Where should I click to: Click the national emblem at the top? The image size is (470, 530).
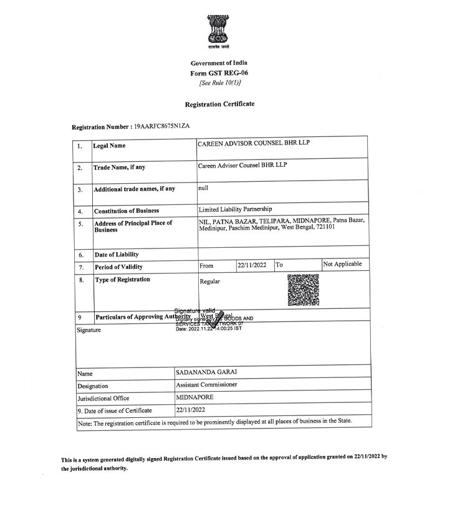click(x=219, y=32)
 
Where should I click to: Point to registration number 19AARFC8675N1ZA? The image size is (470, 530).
click(x=161, y=126)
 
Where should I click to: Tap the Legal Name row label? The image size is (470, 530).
click(x=109, y=146)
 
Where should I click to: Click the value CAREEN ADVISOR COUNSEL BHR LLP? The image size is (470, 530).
click(x=254, y=143)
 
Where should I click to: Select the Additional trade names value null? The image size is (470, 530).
click(x=203, y=187)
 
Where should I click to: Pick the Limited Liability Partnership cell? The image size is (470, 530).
click(x=235, y=209)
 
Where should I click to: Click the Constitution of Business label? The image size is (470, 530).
click(x=126, y=211)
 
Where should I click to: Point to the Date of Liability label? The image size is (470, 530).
click(x=116, y=255)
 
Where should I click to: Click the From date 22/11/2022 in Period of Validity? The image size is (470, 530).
click(x=252, y=265)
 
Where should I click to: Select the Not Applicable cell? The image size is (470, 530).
click(x=342, y=265)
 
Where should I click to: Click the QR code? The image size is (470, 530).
click(x=304, y=290)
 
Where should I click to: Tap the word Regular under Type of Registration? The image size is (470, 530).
click(x=210, y=282)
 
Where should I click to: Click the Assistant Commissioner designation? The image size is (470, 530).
click(x=206, y=385)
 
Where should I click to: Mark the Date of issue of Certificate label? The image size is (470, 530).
click(x=114, y=410)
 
